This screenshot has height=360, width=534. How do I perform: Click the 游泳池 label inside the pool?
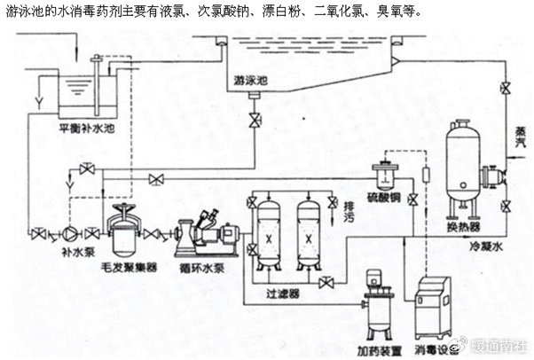252,80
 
